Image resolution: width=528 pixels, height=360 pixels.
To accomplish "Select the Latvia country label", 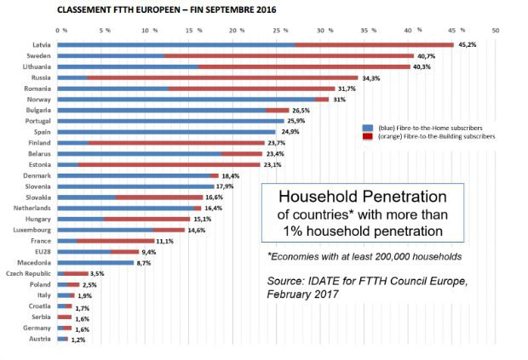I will tap(38, 44).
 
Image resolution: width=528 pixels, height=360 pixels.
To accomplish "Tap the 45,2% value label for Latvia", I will tap(468, 45).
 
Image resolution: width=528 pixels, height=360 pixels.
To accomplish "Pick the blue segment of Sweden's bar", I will tap(110, 55).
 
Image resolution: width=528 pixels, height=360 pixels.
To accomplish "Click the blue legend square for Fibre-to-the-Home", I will tap(368, 127).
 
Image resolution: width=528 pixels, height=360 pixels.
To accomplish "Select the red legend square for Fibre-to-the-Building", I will tap(368, 135).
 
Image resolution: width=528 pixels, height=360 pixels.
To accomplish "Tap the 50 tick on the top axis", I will tap(496, 30).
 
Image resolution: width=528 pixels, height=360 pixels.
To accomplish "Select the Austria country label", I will tap(39, 339).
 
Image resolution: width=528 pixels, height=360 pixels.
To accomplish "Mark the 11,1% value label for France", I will tap(165, 241).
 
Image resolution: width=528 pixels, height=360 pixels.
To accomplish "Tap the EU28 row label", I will tap(41, 252).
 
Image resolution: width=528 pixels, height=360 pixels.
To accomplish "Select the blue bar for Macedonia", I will tap(95, 262).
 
